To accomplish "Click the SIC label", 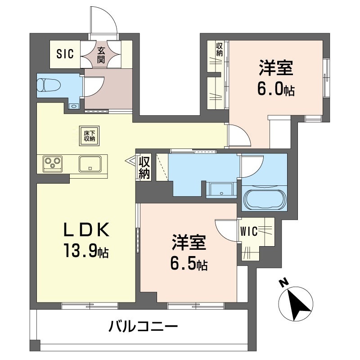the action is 65,54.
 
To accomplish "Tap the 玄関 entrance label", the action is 101,55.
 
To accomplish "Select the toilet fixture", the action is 49,85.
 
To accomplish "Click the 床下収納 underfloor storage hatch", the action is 89,136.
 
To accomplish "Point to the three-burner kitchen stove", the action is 53,164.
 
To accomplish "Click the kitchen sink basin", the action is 90,164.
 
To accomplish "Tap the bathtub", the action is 265,199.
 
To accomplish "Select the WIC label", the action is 249,231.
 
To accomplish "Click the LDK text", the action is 86,230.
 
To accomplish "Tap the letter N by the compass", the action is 284,283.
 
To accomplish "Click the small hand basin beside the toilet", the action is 74,106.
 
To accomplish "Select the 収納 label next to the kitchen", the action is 144,167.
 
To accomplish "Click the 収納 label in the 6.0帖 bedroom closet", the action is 219,49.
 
